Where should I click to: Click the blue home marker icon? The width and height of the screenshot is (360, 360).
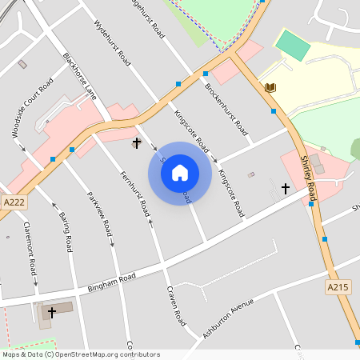[180, 173]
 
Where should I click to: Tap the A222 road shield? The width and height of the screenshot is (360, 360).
[13, 203]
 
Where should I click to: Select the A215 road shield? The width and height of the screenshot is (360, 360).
[339, 286]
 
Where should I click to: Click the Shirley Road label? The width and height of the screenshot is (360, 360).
[308, 178]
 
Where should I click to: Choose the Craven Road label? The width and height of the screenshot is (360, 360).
[176, 306]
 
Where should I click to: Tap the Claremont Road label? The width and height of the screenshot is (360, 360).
[30, 246]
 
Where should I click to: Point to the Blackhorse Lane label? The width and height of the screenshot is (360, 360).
[80, 77]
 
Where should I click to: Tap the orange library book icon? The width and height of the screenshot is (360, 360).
[270, 87]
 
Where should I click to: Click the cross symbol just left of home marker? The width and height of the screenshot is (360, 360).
[136, 144]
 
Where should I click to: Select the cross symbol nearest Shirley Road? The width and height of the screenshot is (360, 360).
[286, 189]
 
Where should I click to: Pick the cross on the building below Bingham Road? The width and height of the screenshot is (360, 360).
[52, 311]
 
